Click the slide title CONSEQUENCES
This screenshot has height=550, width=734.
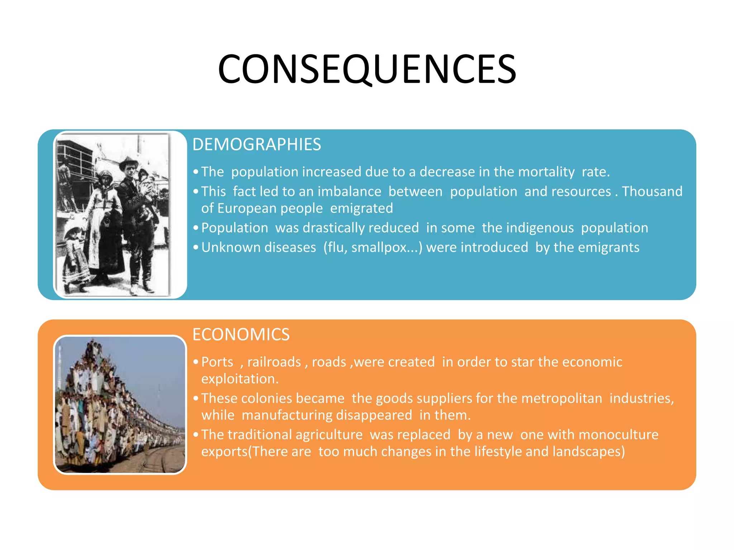[x=367, y=69]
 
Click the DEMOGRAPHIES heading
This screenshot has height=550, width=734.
[x=257, y=144]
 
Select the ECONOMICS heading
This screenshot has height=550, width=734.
[x=241, y=334]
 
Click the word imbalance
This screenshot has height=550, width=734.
[x=349, y=192]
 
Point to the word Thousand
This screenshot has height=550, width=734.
[x=652, y=192]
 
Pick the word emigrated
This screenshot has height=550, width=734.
[x=361, y=208]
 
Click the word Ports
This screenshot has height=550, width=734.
[x=217, y=362]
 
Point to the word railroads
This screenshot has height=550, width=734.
[x=274, y=362]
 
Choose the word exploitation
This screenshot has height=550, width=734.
[x=239, y=379]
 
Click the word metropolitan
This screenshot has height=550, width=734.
[x=549, y=399]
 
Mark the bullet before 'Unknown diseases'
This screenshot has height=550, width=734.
[x=196, y=247]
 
